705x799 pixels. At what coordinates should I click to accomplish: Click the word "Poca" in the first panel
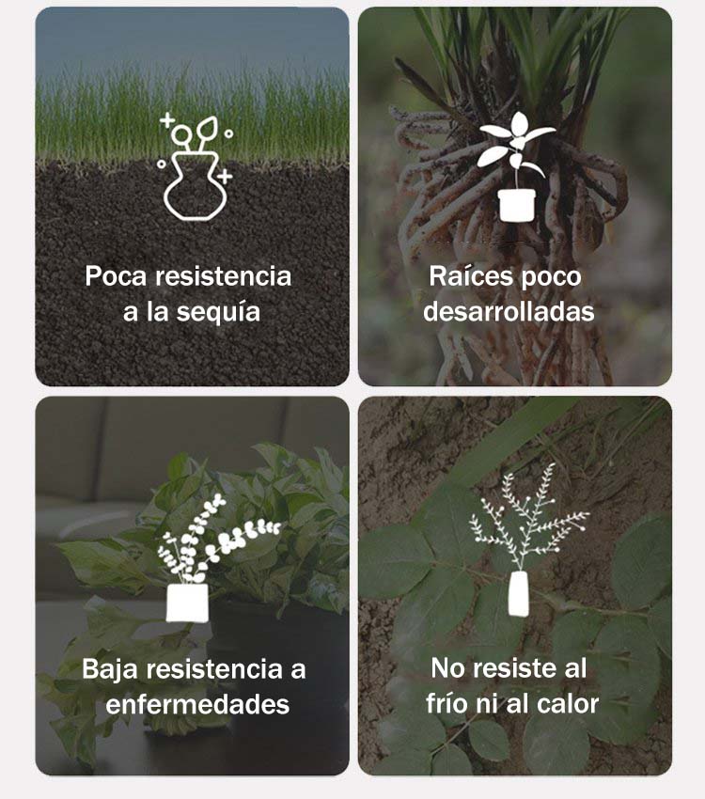point(116,276)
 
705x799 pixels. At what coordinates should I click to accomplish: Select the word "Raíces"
point(471,276)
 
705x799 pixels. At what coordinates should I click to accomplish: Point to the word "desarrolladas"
point(509,311)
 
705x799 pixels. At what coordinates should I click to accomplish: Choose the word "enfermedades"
point(197,705)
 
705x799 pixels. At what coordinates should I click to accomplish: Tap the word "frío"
point(446,704)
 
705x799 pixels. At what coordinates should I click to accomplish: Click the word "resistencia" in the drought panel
point(223,276)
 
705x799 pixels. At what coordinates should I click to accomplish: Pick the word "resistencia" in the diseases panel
point(214,668)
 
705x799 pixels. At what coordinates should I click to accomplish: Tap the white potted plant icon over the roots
point(516,167)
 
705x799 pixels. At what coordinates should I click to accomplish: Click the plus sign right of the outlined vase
point(225,177)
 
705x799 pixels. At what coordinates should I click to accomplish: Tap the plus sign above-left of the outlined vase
point(166,120)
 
